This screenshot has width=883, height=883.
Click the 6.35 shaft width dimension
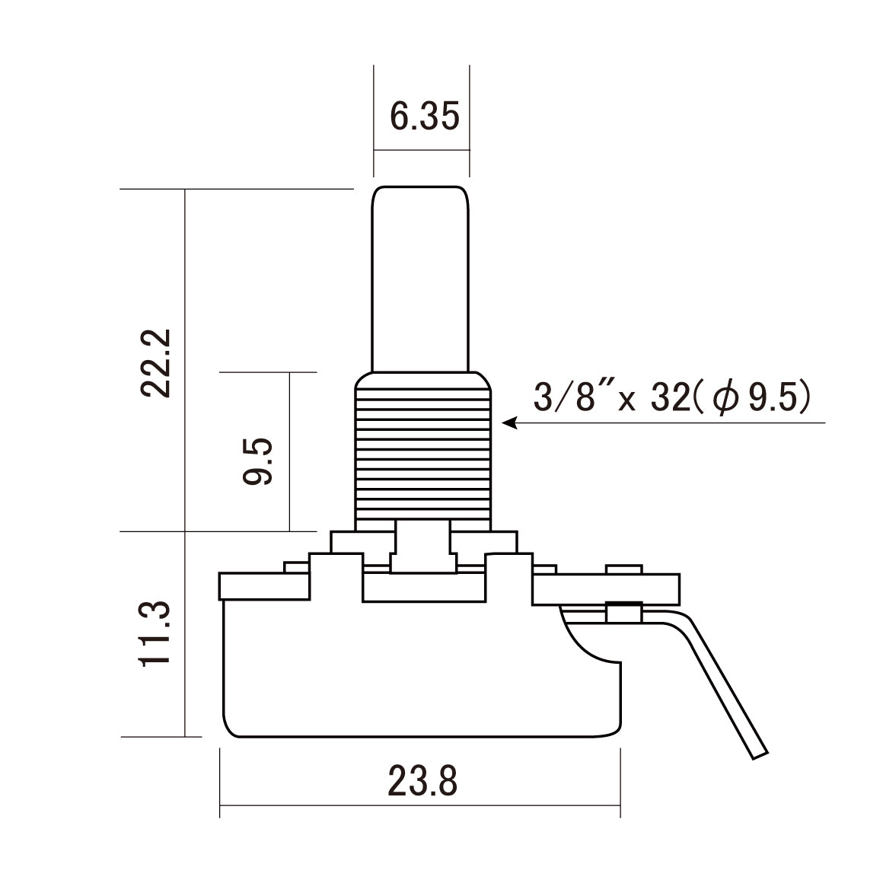(424, 117)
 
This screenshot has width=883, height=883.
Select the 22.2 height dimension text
(158, 363)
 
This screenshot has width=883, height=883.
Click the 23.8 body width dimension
(422, 781)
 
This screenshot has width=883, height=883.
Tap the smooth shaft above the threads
(419, 282)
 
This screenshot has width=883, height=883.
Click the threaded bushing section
(422, 449)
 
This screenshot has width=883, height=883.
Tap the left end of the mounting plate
(228, 585)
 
